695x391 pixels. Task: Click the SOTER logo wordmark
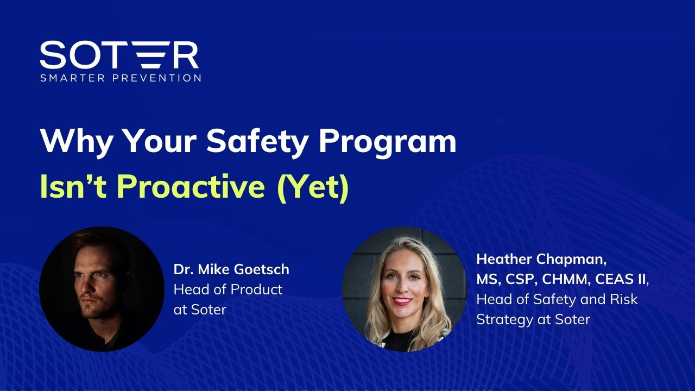pyautogui.click(x=119, y=55)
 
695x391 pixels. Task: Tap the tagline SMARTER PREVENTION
pyautogui.click(x=121, y=78)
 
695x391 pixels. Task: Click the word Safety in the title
pyautogui.click(x=257, y=141)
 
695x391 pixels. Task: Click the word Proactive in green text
pyautogui.click(x=191, y=186)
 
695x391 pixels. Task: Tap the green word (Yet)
pyautogui.click(x=313, y=188)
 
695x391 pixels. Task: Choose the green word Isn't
pyautogui.click(x=73, y=186)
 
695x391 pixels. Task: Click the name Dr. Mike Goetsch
pyautogui.click(x=231, y=269)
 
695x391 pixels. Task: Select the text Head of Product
pyautogui.click(x=228, y=289)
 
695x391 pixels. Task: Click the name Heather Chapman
pyautogui.click(x=541, y=260)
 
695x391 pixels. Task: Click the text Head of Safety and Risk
pyautogui.click(x=557, y=299)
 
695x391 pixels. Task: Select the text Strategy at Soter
pyautogui.click(x=533, y=320)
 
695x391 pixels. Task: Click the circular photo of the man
pyautogui.click(x=102, y=289)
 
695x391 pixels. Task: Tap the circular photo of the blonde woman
pyautogui.click(x=405, y=289)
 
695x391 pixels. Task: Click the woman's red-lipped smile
pyautogui.click(x=402, y=301)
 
